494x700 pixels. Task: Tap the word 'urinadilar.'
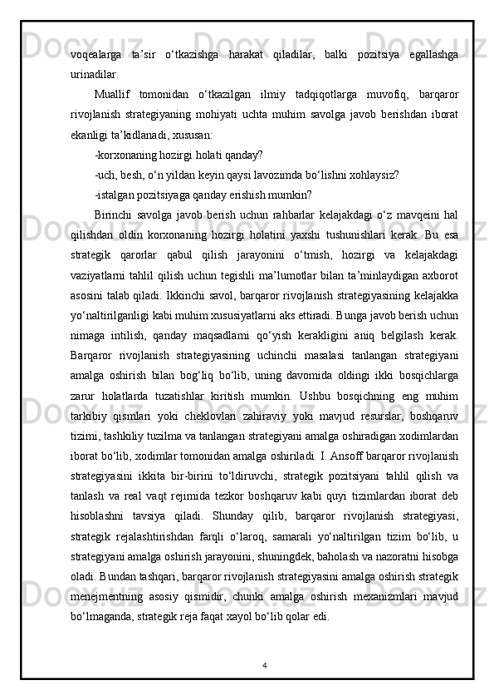(x=95, y=73)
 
